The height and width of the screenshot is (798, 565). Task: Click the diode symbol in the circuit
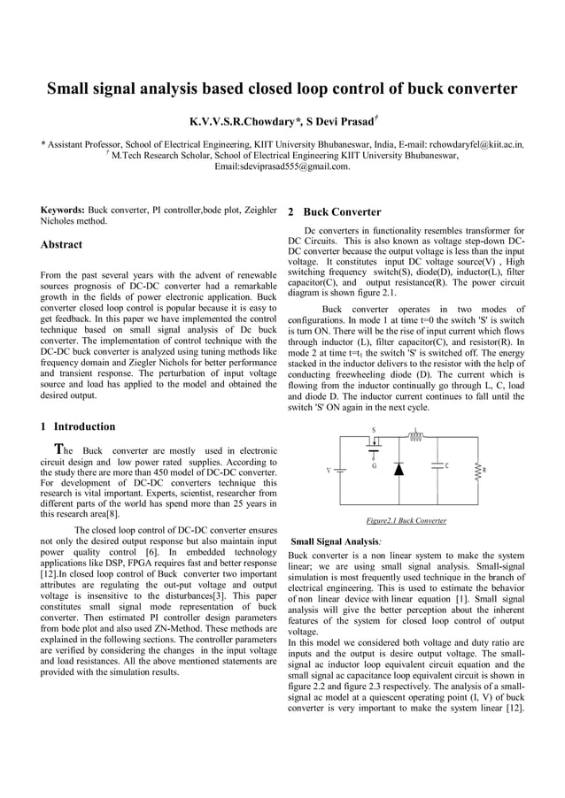pos(398,468)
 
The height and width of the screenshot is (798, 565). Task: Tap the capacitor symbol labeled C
pos(437,465)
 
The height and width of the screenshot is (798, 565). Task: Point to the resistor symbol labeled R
pos(479,470)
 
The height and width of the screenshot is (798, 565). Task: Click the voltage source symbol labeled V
pos(339,470)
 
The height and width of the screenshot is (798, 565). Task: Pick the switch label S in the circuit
pos(373,429)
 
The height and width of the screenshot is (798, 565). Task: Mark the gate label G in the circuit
pos(375,465)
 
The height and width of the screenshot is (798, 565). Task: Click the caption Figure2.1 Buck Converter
pos(406,520)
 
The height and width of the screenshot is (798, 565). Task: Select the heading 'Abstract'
pos(61,244)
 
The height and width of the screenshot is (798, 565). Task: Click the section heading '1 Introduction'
pos(78,426)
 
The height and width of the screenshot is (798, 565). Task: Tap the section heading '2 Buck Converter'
pos(335,212)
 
